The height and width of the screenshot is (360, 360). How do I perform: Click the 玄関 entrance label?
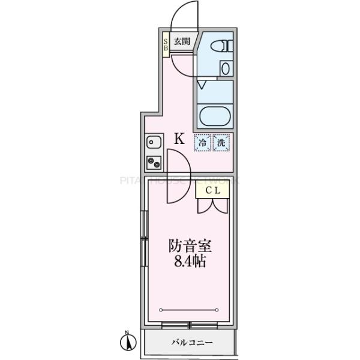coord(182,41)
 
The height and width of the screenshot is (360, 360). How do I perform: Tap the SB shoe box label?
coord(166,44)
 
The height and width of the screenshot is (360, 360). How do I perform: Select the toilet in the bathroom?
coord(223,46)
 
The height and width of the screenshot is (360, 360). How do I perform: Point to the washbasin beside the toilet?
coord(225,68)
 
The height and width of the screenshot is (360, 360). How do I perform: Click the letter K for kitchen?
coord(179,139)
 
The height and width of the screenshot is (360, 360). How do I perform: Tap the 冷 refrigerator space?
coord(202,142)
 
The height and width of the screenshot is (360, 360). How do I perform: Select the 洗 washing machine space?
coord(221,142)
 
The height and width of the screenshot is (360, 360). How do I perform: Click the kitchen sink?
coord(153,143)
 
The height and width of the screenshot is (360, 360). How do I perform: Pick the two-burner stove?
coord(153,162)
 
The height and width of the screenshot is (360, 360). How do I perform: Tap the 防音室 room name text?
coord(190,246)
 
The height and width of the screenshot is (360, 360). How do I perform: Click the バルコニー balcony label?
coord(192,343)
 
